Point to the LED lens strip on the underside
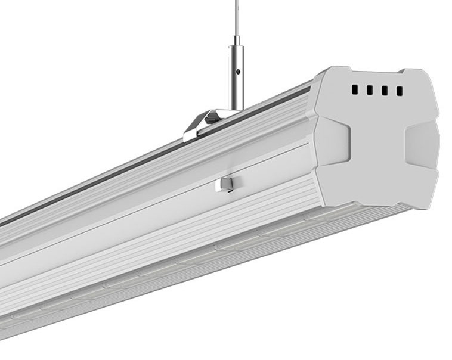(179, 262)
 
